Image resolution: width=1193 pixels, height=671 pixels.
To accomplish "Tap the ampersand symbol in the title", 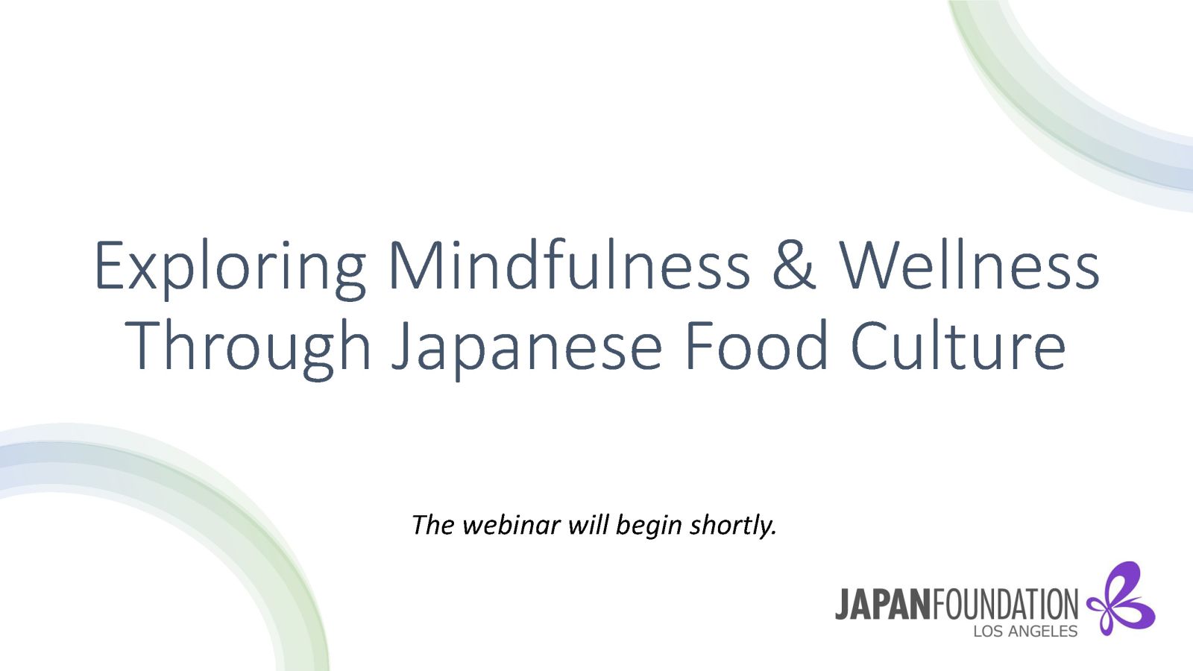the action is coord(794,265).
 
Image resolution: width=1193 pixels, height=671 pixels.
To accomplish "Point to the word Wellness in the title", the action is coord(969,265).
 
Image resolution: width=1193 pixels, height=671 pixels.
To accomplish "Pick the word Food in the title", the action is coord(757,345).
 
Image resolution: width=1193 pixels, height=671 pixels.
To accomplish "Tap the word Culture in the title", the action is coord(959,345).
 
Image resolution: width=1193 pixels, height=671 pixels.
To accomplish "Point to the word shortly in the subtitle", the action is coord(733,526).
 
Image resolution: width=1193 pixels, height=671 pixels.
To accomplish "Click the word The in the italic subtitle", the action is coord(433,525).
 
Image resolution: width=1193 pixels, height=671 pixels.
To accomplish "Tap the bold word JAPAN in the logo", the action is coord(883,605).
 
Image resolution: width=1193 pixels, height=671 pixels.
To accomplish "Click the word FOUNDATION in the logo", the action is coord(1004,605).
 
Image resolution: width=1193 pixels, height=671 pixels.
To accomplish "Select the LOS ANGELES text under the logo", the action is coord(1025,631).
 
